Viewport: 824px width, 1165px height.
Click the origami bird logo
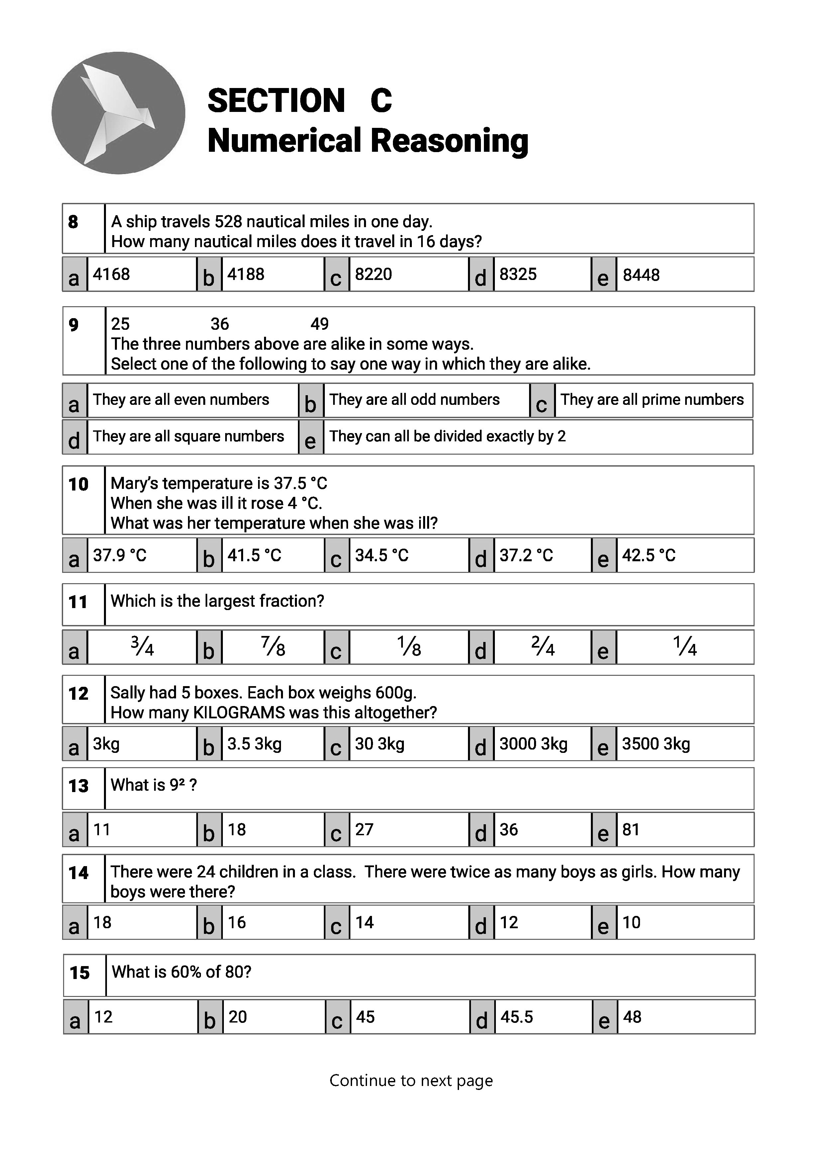pyautogui.click(x=118, y=113)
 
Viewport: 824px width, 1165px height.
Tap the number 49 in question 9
pyautogui.click(x=320, y=324)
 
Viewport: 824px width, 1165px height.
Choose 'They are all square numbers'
pyautogui.click(x=188, y=436)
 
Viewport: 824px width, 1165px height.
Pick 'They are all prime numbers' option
pyautogui.click(x=652, y=400)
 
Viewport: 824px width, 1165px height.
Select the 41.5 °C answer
pyautogui.click(x=254, y=555)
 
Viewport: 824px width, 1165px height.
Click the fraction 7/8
pyautogui.click(x=273, y=647)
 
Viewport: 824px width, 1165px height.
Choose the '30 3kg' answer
pyautogui.click(x=380, y=744)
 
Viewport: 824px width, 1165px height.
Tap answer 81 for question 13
pyautogui.click(x=631, y=830)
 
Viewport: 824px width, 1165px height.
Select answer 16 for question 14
pyautogui.click(x=236, y=922)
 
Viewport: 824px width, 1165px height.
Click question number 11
pyautogui.click(x=78, y=602)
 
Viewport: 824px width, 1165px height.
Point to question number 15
pyautogui.click(x=80, y=973)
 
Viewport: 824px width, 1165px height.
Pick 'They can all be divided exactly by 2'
pyautogui.click(x=447, y=436)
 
